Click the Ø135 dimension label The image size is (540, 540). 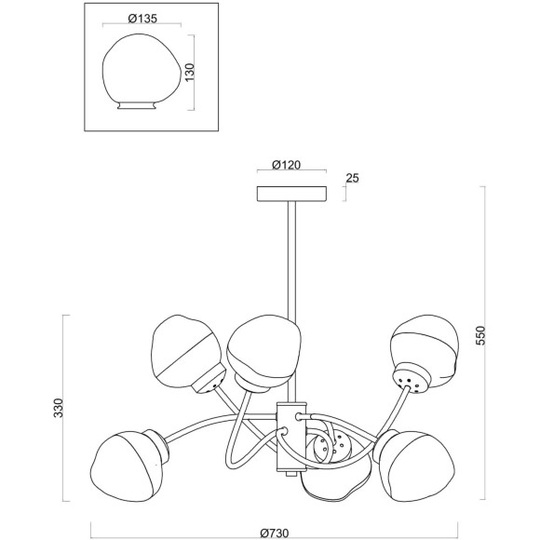click(x=142, y=19)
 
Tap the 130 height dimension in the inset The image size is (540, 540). click(x=190, y=73)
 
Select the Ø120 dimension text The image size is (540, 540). click(x=286, y=165)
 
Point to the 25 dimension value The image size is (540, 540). click(x=352, y=178)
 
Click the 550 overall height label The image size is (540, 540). click(x=479, y=336)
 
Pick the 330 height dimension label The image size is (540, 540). click(x=59, y=408)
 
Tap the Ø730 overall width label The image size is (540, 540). click(x=275, y=533)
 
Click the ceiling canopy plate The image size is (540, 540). click(x=291, y=194)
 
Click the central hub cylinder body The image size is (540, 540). click(x=291, y=437)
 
